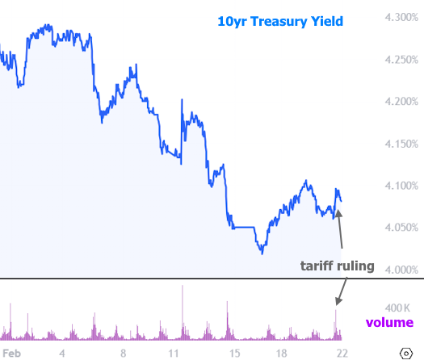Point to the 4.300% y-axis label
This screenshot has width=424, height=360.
click(400, 18)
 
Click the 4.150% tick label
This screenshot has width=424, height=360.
click(400, 144)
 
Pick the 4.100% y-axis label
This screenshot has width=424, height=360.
click(400, 186)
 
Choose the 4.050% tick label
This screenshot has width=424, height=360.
click(400, 228)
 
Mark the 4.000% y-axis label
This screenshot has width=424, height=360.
click(400, 270)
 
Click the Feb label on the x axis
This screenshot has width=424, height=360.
click(12, 353)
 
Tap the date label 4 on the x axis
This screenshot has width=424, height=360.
click(62, 353)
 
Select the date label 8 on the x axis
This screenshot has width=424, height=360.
click(123, 353)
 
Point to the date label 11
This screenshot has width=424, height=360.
click(174, 353)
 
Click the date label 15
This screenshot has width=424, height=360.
click(234, 353)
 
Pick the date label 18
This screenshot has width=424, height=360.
click(281, 353)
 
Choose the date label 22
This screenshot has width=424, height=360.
click(342, 353)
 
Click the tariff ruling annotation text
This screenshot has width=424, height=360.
click(337, 266)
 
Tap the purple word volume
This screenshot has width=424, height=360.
click(389, 323)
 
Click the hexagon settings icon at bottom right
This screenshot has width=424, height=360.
click(406, 353)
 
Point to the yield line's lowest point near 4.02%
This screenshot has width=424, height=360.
click(262, 253)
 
